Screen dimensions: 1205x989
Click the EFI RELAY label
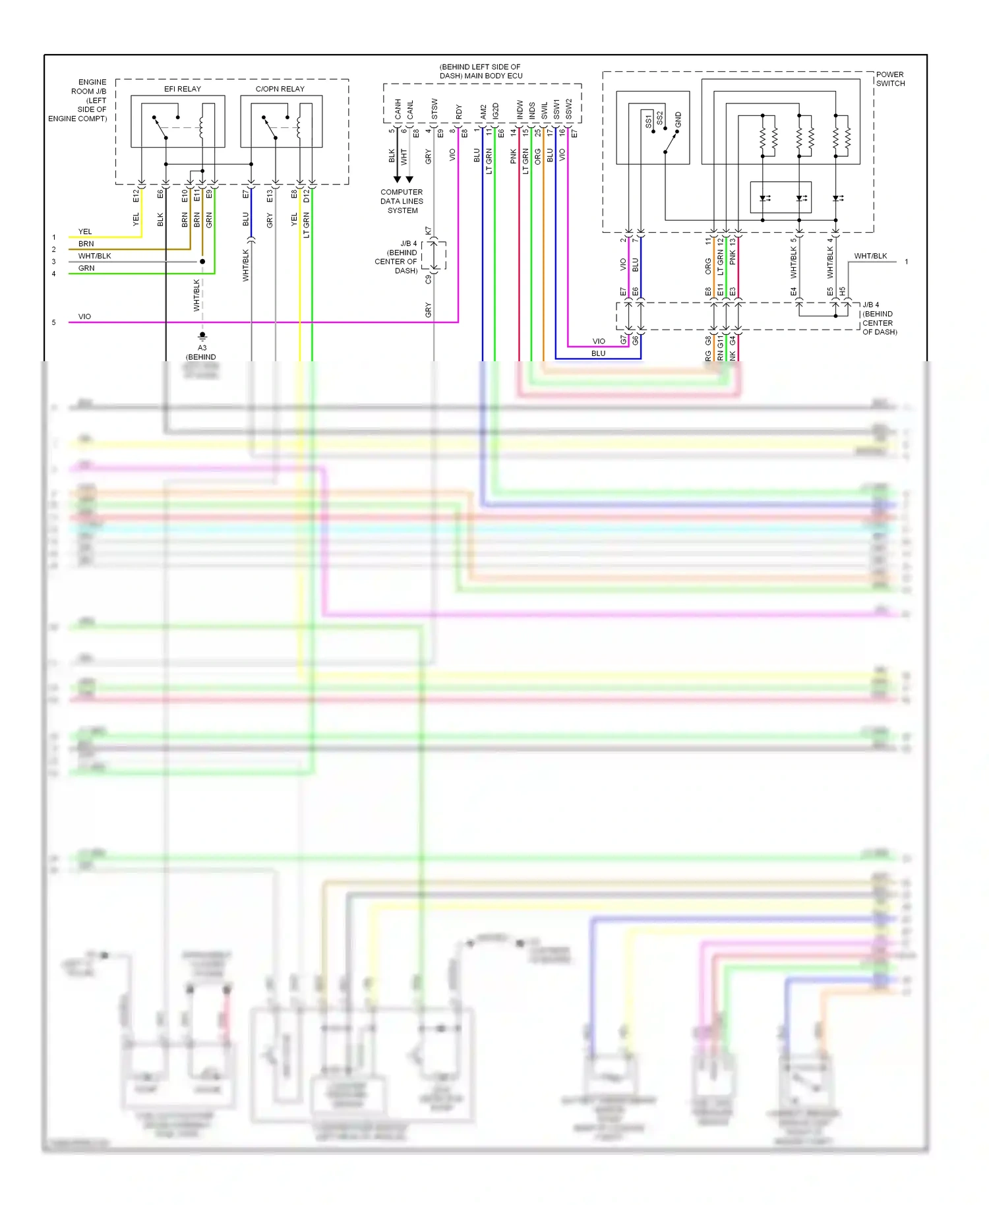click(x=183, y=89)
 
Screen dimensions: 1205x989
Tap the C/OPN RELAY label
click(x=280, y=89)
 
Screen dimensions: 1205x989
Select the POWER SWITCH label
click(x=890, y=78)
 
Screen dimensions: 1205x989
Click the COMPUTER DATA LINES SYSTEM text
click(x=402, y=201)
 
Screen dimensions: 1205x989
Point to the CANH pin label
click(x=398, y=109)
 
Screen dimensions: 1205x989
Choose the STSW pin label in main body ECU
click(x=435, y=109)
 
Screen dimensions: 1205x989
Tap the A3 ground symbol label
click(x=202, y=347)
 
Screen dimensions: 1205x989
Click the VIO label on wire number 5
click(x=84, y=316)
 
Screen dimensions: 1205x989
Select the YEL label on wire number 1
click(x=85, y=231)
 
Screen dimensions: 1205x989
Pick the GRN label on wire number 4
click(x=86, y=268)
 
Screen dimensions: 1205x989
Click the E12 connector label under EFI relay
click(x=136, y=195)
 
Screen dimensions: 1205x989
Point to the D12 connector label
click(x=306, y=195)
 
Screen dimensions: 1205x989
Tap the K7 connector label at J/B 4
click(x=428, y=231)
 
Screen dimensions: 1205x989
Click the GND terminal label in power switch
click(x=678, y=119)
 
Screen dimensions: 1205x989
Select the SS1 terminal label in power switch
click(x=648, y=121)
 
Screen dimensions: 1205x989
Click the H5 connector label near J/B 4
click(x=842, y=291)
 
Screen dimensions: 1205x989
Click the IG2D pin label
click(x=495, y=110)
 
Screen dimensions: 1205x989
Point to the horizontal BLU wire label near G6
click(x=598, y=353)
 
